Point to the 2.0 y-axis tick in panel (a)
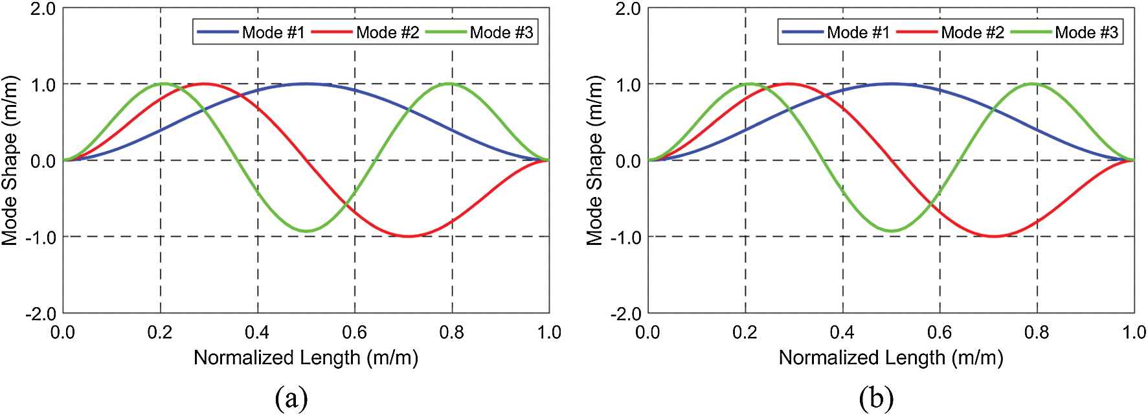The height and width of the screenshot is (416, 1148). [x=43, y=9]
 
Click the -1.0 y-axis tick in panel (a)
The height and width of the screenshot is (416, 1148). [x=40, y=238]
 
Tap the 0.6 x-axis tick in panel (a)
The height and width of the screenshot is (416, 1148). [x=354, y=332]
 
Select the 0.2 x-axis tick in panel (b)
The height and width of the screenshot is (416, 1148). [x=745, y=332]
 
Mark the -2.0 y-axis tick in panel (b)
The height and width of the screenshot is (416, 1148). [x=625, y=314]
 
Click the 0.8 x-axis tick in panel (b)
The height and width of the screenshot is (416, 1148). [x=1037, y=332]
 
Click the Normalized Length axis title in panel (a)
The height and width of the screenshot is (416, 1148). [x=306, y=358]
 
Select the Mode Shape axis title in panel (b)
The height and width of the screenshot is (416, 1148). [x=594, y=161]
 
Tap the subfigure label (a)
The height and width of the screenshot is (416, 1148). [x=291, y=397]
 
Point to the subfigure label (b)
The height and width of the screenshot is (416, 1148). [x=876, y=397]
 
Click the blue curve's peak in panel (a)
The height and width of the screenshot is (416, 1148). [x=306, y=84]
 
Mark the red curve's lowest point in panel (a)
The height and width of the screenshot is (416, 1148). [x=408, y=236]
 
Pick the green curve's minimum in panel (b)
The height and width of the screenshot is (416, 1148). [x=892, y=231]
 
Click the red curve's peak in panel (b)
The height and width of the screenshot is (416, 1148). [x=789, y=84]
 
